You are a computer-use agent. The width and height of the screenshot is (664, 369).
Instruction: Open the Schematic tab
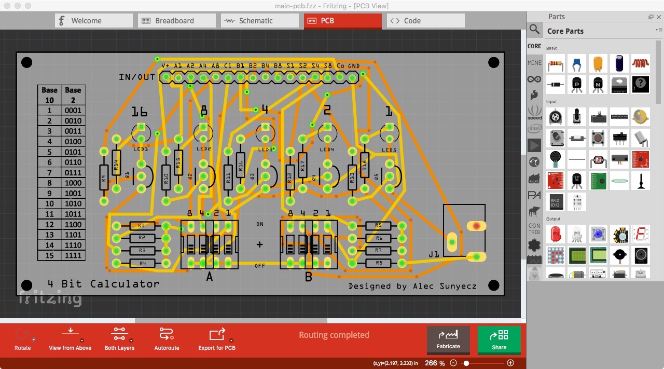pos(255,21)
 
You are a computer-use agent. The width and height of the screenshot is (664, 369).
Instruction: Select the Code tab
pos(412,21)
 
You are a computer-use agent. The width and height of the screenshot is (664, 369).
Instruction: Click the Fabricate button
pos(448,340)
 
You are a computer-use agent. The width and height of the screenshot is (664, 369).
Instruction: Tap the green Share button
pos(499,340)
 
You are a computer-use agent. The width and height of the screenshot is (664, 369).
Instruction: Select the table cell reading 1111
pos(73,255)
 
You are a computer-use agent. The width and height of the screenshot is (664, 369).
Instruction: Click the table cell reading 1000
pos(73,183)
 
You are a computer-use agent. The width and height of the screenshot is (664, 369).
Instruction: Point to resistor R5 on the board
pos(378,226)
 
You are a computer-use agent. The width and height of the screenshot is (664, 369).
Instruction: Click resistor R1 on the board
pos(141,226)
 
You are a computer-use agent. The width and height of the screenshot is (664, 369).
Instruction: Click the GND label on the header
pos(354,66)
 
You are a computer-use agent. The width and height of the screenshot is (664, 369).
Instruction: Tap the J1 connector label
pos(434,254)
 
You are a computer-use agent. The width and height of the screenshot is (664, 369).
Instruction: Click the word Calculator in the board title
pos(125,284)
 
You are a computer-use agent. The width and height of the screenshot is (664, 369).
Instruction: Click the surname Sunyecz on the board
pos(457,286)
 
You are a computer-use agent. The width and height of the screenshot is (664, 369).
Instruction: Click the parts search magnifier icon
pos(534,30)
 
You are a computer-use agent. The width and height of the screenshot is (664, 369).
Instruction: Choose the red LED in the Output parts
pos(555,234)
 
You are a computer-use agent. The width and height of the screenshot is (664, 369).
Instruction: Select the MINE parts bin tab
pos(534,63)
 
